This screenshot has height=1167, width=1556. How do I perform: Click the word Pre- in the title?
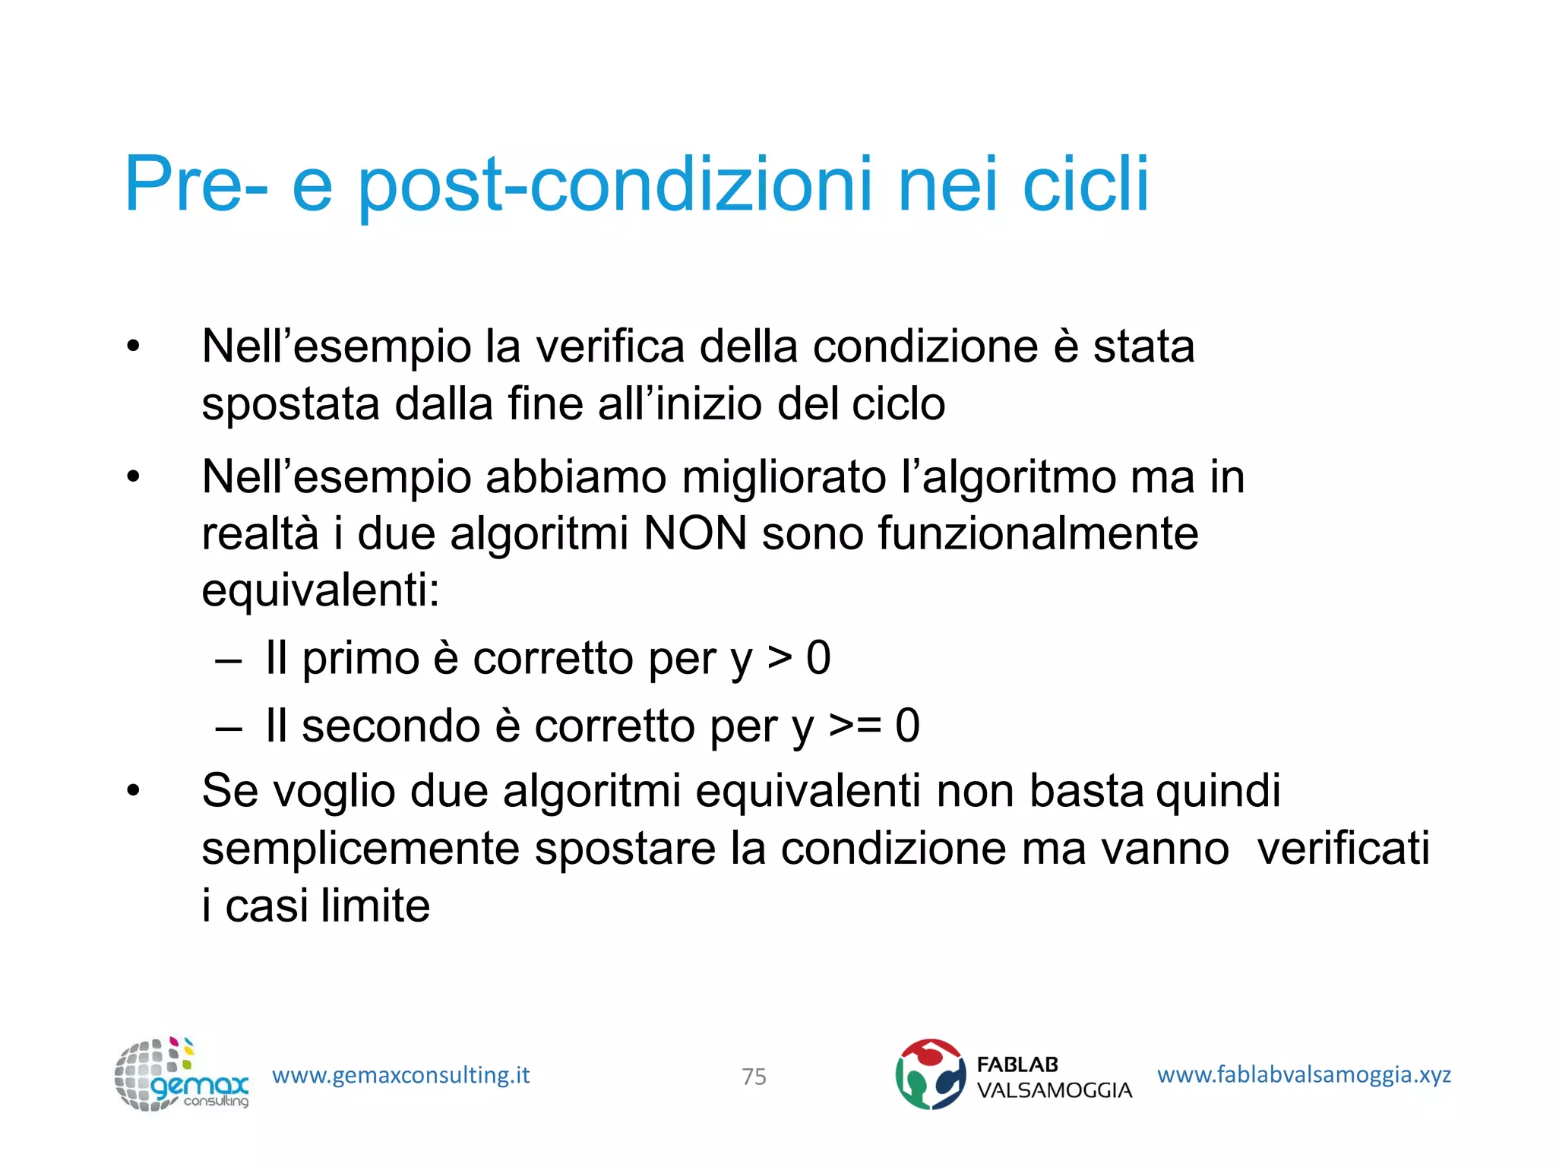coord(196,184)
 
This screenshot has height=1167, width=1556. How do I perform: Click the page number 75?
coord(754,1077)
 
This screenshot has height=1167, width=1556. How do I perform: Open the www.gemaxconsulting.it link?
coord(400,1075)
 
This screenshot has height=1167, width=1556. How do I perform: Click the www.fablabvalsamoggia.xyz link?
coord(1304,1074)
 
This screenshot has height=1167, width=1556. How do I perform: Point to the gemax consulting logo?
coord(181,1074)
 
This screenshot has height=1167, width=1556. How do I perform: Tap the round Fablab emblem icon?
coord(930,1074)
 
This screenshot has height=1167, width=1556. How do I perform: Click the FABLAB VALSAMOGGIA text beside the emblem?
coord(1054,1077)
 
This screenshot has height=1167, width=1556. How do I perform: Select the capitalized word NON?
coord(694,533)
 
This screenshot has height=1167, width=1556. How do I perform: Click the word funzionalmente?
coord(1038,533)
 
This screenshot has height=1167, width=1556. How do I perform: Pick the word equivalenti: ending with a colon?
coord(321,591)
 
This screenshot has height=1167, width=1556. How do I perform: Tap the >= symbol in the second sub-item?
coord(855,725)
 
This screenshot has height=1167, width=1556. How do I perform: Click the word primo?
coord(361,658)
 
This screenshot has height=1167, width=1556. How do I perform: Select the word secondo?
coord(391,726)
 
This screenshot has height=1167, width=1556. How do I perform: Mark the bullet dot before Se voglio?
coord(134,791)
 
